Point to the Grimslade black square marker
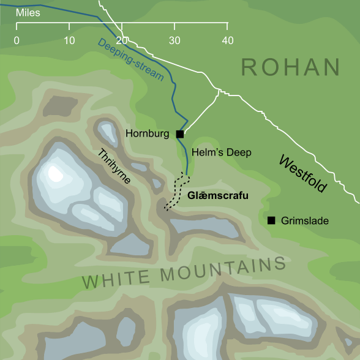[x=271, y=220]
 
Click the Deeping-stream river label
[x=141, y=60]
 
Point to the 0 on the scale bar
[x=17, y=40]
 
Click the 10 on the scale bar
[x=69, y=40]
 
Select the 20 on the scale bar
[x=122, y=40]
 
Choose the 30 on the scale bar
[x=174, y=40]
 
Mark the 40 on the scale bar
[x=227, y=40]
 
